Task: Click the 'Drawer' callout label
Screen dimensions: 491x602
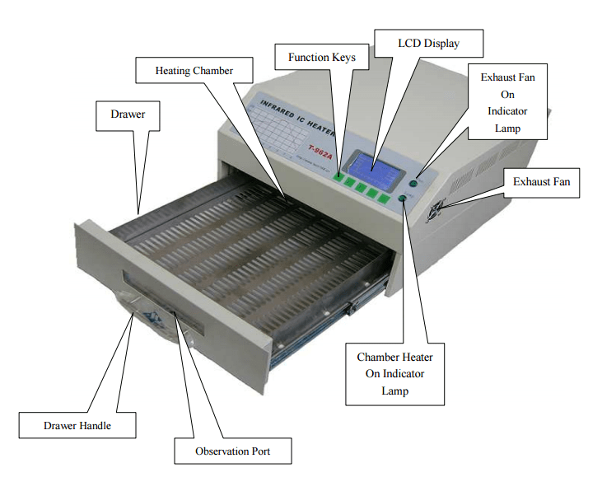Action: [128, 115]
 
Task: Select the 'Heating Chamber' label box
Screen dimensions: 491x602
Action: [194, 71]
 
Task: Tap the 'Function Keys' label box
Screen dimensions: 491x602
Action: [322, 58]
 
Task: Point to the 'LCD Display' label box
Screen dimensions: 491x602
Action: [428, 43]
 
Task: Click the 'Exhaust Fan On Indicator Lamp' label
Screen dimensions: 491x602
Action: [508, 102]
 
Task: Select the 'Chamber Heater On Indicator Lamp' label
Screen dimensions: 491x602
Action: [394, 374]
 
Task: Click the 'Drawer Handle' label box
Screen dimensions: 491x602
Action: [77, 426]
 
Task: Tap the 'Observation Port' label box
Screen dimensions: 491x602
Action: [232, 451]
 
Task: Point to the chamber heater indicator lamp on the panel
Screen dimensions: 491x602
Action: [404, 199]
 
